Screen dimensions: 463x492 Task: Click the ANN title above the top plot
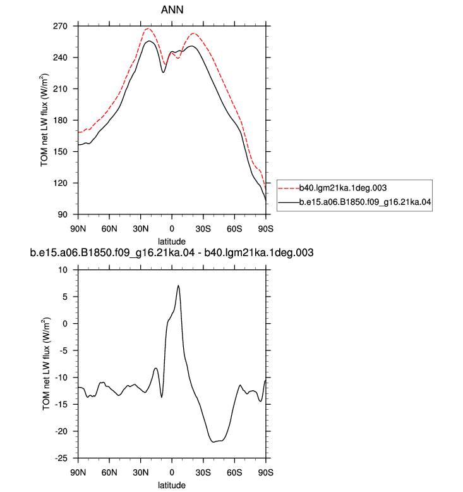(x=172, y=9)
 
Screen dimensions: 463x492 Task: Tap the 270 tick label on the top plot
(x=60, y=26)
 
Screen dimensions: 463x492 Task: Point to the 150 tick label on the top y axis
(x=60, y=152)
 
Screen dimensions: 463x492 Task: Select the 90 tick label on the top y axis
(x=63, y=214)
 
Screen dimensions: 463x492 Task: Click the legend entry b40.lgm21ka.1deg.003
(x=343, y=188)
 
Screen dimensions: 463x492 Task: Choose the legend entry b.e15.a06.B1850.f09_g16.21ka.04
(x=365, y=202)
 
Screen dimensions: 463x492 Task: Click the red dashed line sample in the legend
(x=289, y=188)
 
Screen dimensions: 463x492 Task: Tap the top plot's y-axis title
(x=44, y=120)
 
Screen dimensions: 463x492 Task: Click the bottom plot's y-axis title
(x=45, y=364)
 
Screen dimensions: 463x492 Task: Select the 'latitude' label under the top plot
(x=172, y=242)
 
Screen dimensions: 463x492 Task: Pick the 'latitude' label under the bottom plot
(x=172, y=485)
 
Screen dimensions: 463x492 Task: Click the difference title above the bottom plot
(x=172, y=252)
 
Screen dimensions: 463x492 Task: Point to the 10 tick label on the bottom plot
(x=63, y=270)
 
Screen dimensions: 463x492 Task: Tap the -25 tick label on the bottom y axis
(x=61, y=458)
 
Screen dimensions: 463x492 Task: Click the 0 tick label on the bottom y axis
(x=65, y=324)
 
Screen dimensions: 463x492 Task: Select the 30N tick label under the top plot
(x=140, y=229)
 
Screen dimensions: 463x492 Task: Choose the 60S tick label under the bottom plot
(x=234, y=472)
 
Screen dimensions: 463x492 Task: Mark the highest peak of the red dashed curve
(x=148, y=28)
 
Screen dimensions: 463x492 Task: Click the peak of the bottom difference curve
(x=178, y=285)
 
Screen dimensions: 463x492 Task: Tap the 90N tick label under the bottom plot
(x=78, y=472)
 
